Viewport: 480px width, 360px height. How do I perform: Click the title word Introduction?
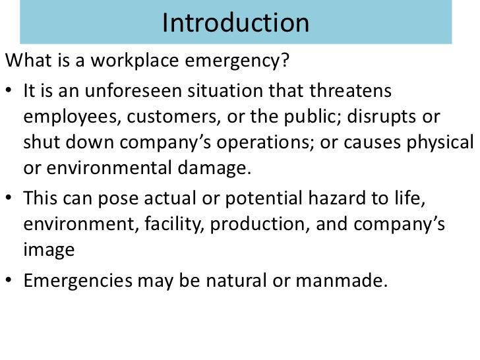[235, 24]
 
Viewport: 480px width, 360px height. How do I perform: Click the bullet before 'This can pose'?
[11, 198]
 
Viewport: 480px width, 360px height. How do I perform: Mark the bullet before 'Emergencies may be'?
[11, 280]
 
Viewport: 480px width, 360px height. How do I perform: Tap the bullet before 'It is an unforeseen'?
[11, 90]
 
